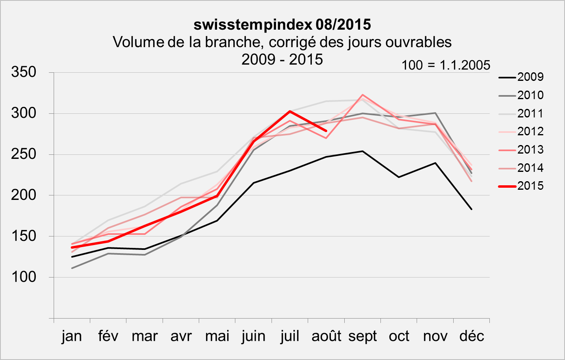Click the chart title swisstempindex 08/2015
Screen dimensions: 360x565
282,25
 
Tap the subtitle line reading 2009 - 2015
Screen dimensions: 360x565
282,59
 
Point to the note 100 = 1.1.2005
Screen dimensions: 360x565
446,65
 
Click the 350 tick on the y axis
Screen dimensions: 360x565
24,72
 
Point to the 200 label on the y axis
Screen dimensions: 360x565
24,195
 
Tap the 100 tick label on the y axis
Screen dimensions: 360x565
24,277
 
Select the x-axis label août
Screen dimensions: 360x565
326,336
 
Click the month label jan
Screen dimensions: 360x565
72,336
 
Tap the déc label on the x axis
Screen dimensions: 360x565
472,336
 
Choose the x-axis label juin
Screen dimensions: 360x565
254,336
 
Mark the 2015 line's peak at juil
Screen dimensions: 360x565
290,111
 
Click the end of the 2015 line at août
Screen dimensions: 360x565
326,131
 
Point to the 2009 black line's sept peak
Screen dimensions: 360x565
362,151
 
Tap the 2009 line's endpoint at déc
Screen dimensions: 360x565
472,209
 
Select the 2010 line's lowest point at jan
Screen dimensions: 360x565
72,268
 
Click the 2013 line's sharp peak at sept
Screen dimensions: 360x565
362,95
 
